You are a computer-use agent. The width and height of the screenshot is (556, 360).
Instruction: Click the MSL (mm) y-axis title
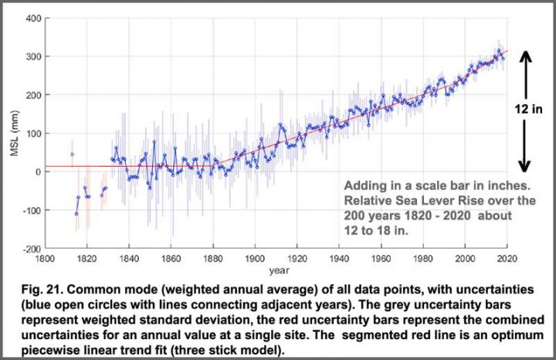click(x=13, y=133)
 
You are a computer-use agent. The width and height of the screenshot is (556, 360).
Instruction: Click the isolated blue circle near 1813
click(x=72, y=155)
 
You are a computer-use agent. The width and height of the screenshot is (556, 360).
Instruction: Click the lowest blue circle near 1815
click(x=76, y=214)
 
